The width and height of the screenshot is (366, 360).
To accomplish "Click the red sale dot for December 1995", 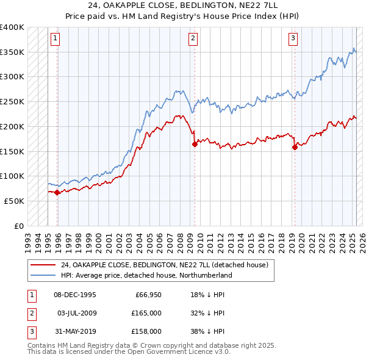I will click(x=57, y=192).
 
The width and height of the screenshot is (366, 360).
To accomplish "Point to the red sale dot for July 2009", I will click(x=195, y=145).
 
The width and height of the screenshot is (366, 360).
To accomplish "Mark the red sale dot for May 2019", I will click(x=295, y=146).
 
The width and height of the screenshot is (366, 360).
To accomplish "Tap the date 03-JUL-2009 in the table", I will click(x=76, y=313).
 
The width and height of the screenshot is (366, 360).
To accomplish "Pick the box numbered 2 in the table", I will click(x=30, y=313).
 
